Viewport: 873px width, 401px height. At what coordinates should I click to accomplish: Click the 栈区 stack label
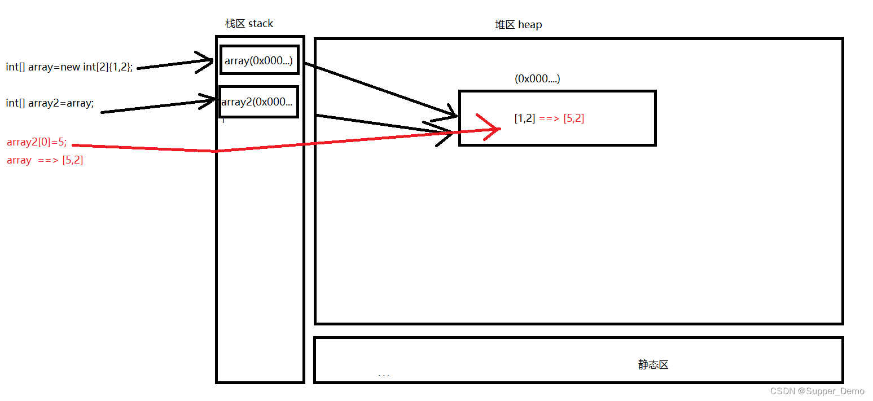coord(249,24)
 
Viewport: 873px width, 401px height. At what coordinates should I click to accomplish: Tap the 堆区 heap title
coord(518,25)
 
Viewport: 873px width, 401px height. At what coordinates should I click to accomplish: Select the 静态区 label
coord(653,365)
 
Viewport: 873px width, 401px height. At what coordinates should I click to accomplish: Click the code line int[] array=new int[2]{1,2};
coord(69,67)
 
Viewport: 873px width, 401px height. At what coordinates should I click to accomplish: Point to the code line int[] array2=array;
coord(50,103)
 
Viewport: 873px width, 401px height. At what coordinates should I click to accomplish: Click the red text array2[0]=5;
coord(37,143)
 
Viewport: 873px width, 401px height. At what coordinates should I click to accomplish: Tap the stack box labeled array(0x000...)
coord(259,60)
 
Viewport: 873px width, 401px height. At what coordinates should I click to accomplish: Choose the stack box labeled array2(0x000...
coord(258,102)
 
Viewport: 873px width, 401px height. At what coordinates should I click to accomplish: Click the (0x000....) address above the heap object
coord(537,79)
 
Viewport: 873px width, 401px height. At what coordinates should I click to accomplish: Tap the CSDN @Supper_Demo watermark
coord(817,391)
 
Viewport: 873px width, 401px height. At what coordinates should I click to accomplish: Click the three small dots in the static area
coord(384,375)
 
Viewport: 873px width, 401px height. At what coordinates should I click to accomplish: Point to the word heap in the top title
coord(530,25)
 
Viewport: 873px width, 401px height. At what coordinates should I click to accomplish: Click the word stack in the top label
coord(261,24)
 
